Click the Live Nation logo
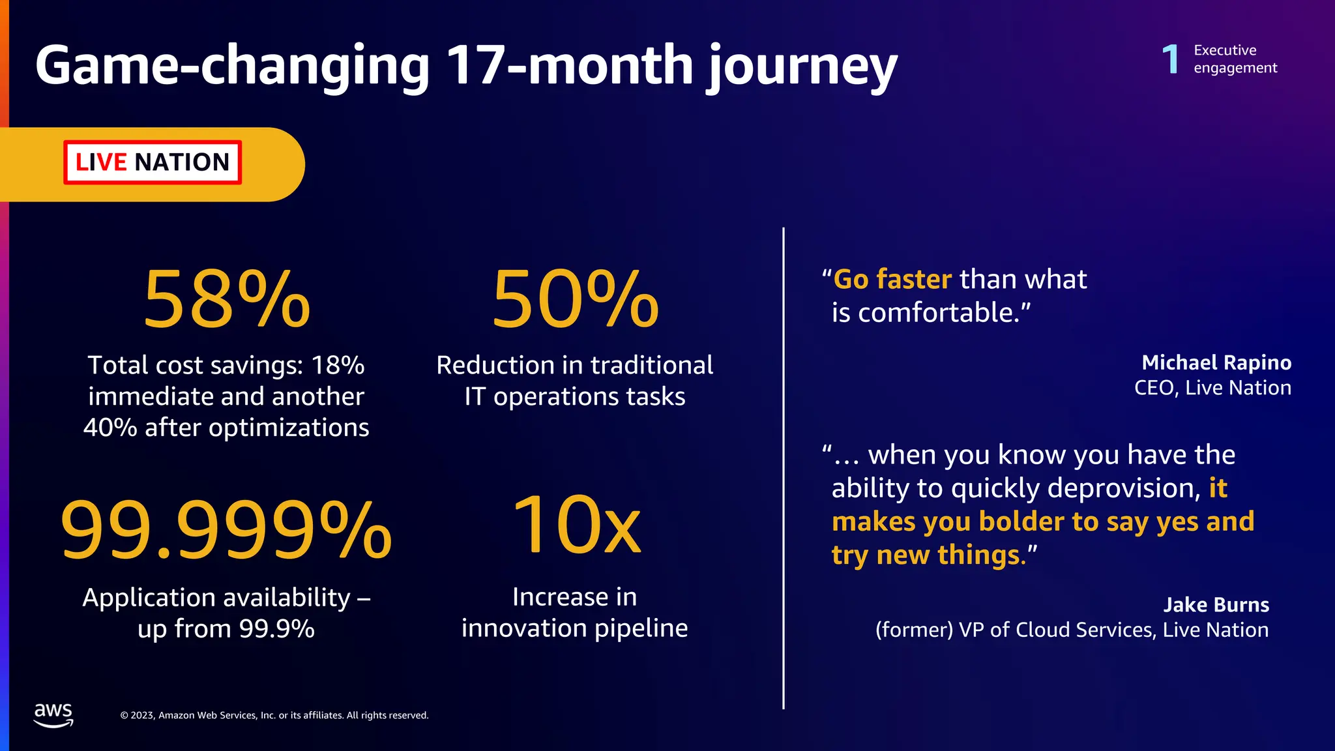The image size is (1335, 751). point(153,162)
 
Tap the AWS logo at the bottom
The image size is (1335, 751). point(53,714)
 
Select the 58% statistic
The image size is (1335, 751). point(226,299)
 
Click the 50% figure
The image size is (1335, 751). point(575,299)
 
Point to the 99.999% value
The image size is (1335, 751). point(226,529)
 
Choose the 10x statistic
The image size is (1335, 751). point(576,525)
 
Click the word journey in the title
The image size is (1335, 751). point(802,66)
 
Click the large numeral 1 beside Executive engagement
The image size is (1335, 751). point(1171,59)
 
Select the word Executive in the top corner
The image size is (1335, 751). point(1225,50)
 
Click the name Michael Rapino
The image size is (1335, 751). point(1216,362)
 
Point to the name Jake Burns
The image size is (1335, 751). point(1216,604)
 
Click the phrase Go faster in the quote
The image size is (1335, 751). point(892,279)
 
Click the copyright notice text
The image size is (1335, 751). point(274,715)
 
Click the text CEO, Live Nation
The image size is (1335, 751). point(1212,388)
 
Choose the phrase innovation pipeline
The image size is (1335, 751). point(574,628)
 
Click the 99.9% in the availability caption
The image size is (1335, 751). point(277,629)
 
